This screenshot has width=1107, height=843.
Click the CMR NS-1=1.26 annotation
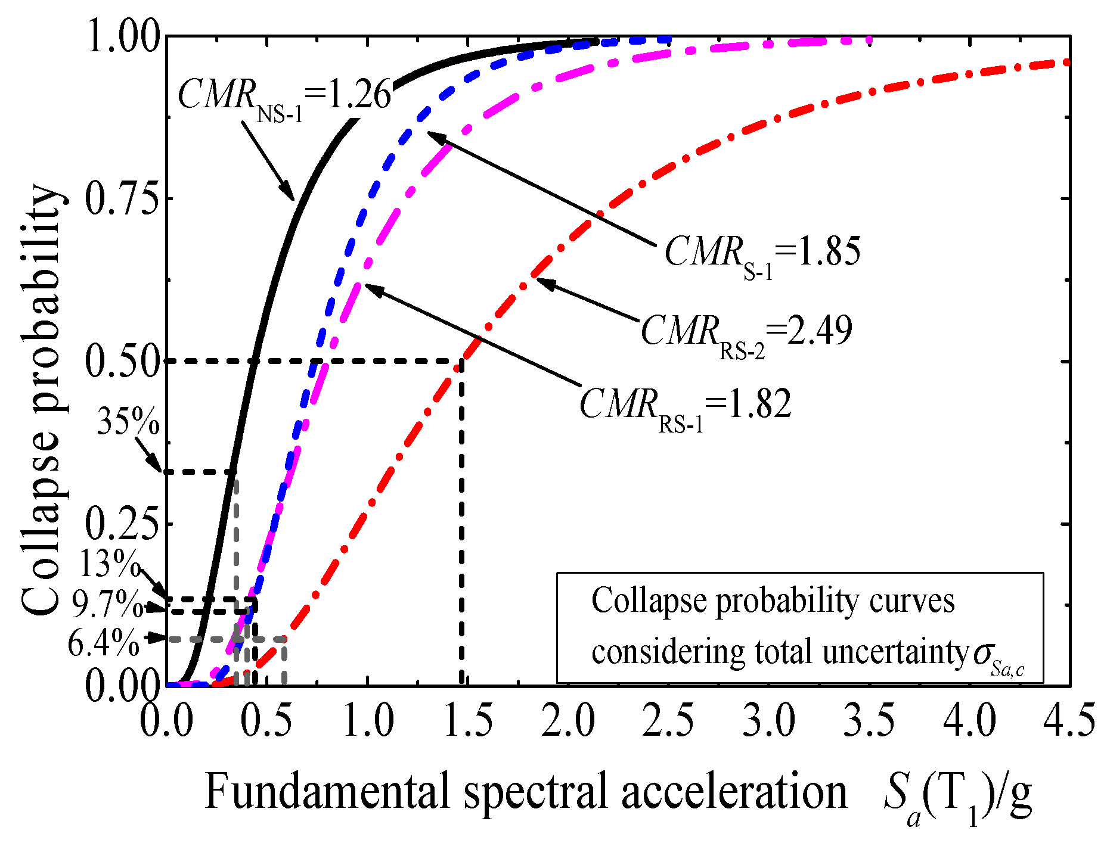(x=284, y=95)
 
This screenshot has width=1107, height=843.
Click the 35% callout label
(x=128, y=422)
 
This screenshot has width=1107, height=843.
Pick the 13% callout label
(x=109, y=563)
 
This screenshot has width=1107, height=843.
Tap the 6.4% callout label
(x=104, y=643)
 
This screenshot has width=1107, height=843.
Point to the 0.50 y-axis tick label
(x=122, y=362)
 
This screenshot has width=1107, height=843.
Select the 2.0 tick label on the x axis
(x=568, y=720)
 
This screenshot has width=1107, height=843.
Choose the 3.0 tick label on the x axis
(x=769, y=720)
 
